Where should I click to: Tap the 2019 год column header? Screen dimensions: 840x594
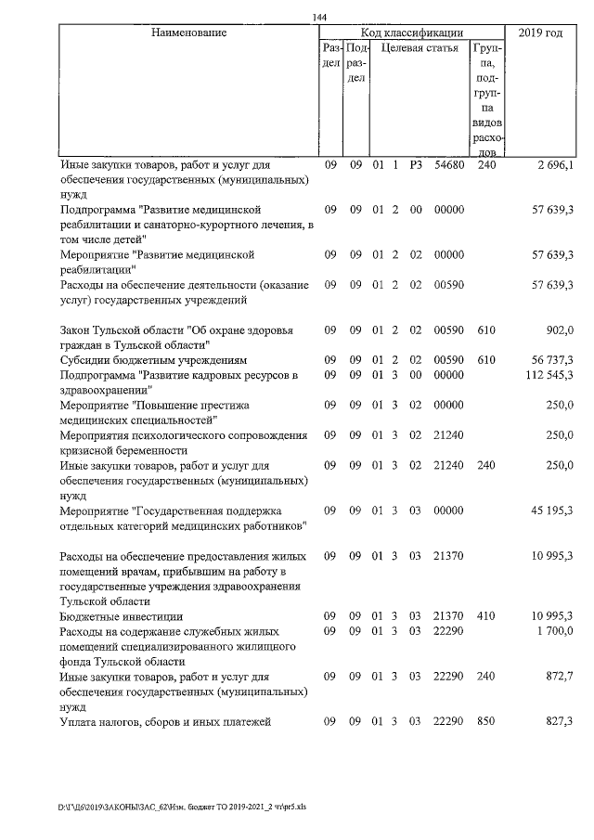pyautogui.click(x=540, y=33)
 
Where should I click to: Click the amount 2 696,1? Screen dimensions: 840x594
pyautogui.click(x=555, y=165)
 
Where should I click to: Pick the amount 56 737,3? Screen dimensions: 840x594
pyautogui.click(x=551, y=358)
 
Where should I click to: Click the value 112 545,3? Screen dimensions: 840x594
pyautogui.click(x=549, y=375)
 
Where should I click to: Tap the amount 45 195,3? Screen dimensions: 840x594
pyautogui.click(x=551, y=510)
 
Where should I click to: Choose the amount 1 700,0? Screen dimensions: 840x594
pyautogui.click(x=555, y=631)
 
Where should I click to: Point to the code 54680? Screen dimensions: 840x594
pyautogui.click(x=449, y=165)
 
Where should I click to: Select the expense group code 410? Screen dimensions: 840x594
pyautogui.click(x=486, y=616)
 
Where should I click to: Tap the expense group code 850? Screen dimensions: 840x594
pyautogui.click(x=486, y=722)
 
